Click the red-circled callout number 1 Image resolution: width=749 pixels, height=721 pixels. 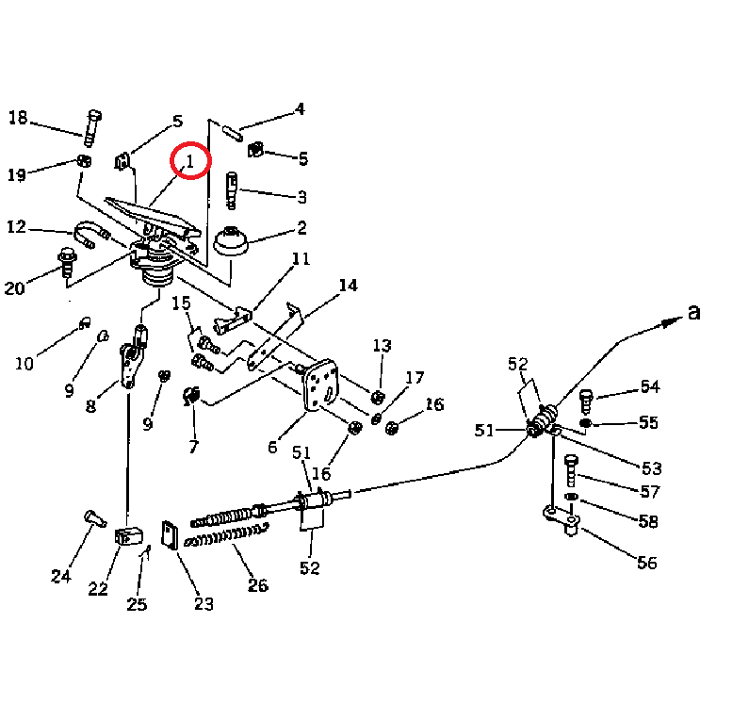[x=190, y=161]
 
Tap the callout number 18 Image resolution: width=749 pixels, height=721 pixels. [x=19, y=118]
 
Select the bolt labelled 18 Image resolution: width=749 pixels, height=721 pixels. [x=92, y=128]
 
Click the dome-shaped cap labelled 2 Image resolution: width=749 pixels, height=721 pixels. [x=231, y=242]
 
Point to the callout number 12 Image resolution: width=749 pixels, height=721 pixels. [x=16, y=226]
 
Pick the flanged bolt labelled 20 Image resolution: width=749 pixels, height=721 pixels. [x=67, y=263]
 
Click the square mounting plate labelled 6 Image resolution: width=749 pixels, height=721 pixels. [x=320, y=385]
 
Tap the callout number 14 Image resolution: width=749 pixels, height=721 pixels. [x=349, y=286]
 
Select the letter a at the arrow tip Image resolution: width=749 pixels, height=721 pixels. [x=694, y=313]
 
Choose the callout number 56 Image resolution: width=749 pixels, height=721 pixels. [x=647, y=563]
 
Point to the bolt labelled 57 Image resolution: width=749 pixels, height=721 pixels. [x=571, y=471]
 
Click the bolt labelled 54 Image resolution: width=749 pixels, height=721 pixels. [x=586, y=401]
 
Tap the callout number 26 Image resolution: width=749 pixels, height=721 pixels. [x=258, y=585]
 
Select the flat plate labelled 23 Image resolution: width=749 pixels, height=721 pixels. [x=170, y=535]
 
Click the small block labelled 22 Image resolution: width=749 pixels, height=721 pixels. [x=128, y=536]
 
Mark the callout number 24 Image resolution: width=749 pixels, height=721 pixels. [x=61, y=576]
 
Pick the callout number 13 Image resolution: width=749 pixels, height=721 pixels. [x=383, y=345]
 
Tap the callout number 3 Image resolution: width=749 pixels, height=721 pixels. [x=301, y=197]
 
